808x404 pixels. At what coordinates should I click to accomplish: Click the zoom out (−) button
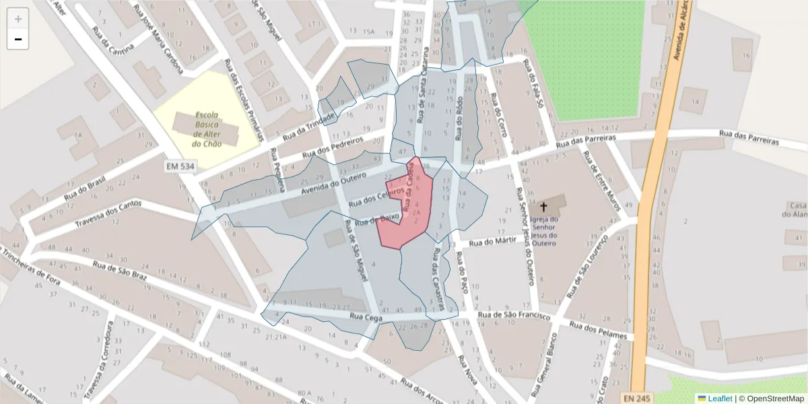tap(18, 39)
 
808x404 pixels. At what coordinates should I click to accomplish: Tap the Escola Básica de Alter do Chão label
tap(207, 129)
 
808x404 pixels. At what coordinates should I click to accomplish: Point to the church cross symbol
tap(544, 205)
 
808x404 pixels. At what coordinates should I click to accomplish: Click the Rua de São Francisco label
tap(514, 314)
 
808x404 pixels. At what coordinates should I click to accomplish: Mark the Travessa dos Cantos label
tap(108, 212)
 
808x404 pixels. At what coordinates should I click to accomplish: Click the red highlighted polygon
tap(407, 209)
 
